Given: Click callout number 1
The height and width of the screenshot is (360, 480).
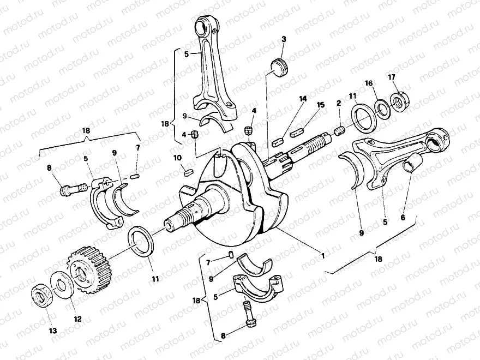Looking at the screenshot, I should point(323,255).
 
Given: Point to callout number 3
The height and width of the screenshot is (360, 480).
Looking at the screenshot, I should point(284,39).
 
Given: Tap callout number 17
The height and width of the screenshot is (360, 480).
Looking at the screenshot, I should point(392,76).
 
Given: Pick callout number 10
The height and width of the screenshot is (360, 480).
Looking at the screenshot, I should point(177,158).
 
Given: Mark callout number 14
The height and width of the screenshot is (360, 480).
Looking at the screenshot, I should point(302,99).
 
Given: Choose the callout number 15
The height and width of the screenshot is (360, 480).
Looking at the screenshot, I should point(320,104).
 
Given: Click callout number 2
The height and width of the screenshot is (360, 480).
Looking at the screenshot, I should point(339,103).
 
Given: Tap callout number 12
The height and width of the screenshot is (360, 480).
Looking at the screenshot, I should point(77,319).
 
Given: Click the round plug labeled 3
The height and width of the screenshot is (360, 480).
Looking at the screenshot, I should point(279,68).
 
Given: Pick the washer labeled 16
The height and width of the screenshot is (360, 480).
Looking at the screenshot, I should point(382,109).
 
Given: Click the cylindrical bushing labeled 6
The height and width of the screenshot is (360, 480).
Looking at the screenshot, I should point(411,164).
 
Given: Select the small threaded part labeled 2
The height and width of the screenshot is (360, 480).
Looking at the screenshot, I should point(339,131).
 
